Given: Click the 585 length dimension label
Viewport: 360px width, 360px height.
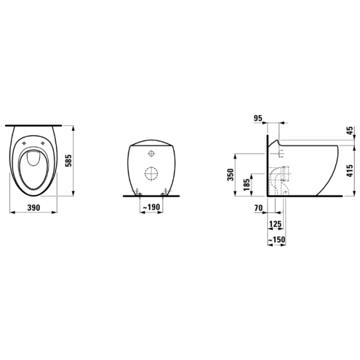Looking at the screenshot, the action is coord(68,160).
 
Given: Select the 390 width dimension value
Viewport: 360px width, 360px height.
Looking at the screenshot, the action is coord(34,208).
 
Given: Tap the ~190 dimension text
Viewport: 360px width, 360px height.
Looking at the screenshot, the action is coord(151,207).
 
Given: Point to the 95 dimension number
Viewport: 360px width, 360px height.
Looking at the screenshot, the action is coord(258,118).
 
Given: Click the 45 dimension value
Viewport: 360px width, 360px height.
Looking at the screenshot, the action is coord(350,131).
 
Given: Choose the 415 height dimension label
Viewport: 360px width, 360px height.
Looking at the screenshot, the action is coord(350,170).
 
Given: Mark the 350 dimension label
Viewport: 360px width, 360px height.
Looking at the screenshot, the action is coord(230,175).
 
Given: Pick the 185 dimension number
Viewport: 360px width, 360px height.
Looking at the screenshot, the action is coord(246,185).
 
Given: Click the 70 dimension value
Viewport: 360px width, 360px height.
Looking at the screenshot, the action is coord(258,208).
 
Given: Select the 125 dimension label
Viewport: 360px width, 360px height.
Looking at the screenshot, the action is coord(275,224).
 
